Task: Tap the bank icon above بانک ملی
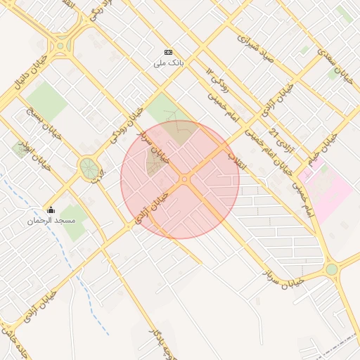pyautogui.click(x=168, y=52)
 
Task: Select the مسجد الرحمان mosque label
pyautogui.click(x=51, y=221)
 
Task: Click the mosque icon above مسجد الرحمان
pyautogui.click(x=51, y=210)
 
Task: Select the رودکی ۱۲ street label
pyautogui.click(x=217, y=81)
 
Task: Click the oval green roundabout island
pyautogui.click(x=88, y=168)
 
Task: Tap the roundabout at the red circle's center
pyautogui.click(x=185, y=180)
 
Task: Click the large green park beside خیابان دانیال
pyautogui.click(x=46, y=99)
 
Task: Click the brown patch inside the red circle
pyautogui.click(x=154, y=163)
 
